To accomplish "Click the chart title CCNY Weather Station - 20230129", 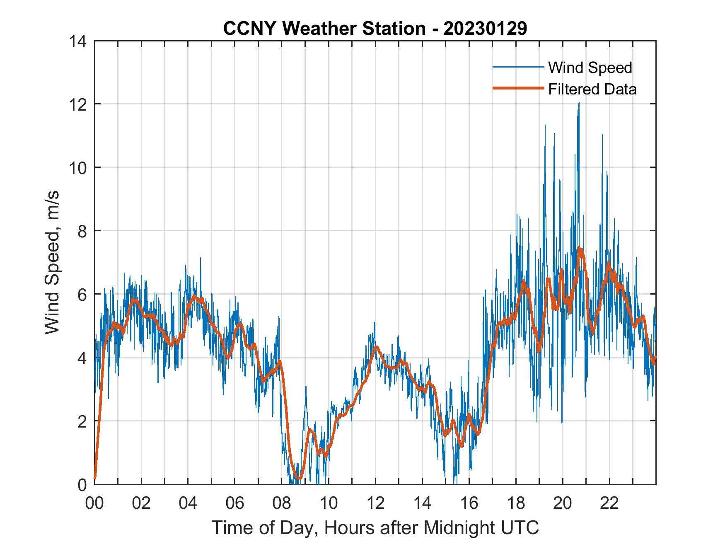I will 375,29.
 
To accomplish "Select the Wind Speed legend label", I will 590,68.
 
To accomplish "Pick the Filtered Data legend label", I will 592,89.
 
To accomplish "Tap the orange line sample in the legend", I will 518,89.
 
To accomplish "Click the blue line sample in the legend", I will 518,67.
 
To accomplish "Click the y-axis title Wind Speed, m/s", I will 52,262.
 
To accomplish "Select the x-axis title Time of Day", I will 375,528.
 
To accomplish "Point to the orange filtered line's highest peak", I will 580,249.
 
